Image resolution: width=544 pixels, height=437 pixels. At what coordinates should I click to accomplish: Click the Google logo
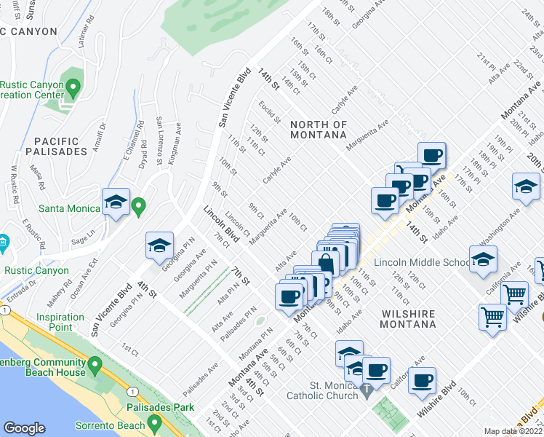pyautogui.click(x=25, y=428)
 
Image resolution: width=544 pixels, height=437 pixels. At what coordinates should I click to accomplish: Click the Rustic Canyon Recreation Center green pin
pyautogui.click(x=72, y=89)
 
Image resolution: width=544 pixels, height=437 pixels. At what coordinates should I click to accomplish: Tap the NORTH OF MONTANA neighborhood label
pyautogui.click(x=319, y=130)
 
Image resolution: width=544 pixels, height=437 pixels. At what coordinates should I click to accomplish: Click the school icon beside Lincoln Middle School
pyautogui.click(x=482, y=261)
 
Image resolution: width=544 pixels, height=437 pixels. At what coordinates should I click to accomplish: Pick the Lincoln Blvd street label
pyautogui.click(x=222, y=224)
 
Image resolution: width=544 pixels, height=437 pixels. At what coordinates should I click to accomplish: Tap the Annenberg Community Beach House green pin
pyautogui.click(x=95, y=363)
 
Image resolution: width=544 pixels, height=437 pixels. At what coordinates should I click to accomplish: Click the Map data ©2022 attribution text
pyautogui.click(x=513, y=431)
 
